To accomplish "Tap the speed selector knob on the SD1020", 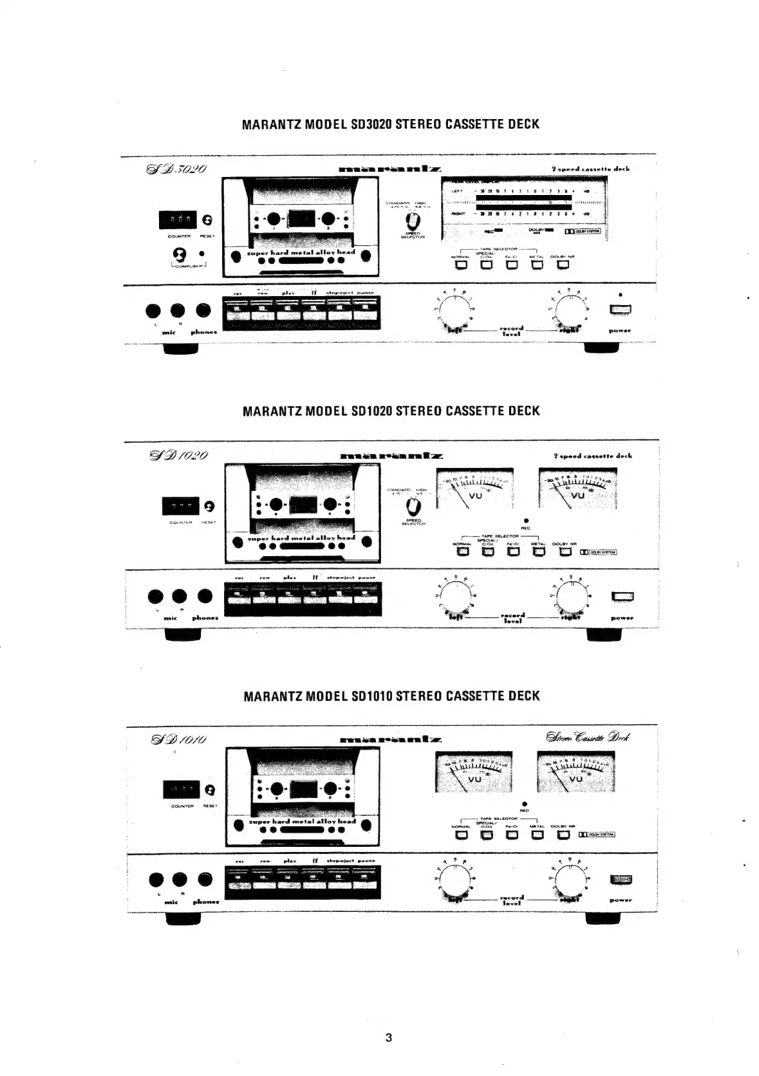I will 413,506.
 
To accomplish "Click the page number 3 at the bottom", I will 388,1037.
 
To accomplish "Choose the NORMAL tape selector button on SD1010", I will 461,835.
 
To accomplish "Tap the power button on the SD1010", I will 621,880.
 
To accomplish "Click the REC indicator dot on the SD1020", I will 526,519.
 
